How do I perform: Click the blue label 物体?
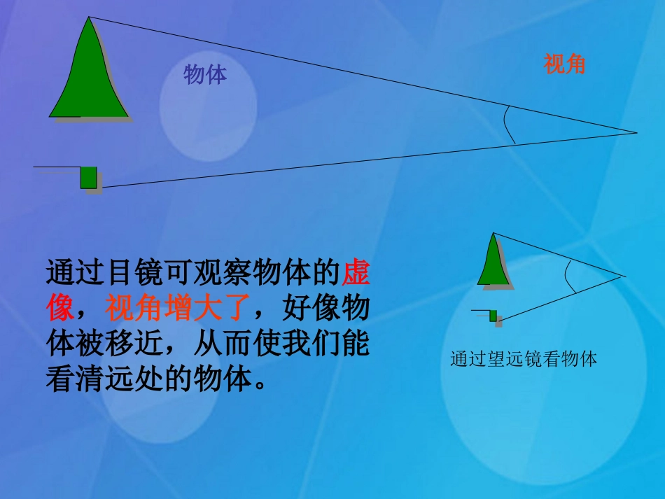205,74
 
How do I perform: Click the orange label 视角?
564,64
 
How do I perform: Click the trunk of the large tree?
88,178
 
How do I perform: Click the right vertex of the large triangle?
636,132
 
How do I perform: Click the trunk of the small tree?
493,316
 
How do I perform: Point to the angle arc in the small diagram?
572,277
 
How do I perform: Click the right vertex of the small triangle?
622,276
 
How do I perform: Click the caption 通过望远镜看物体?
524,360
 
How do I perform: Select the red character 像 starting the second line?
60,309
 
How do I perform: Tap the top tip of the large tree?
88,19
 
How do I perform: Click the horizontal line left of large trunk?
56,167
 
